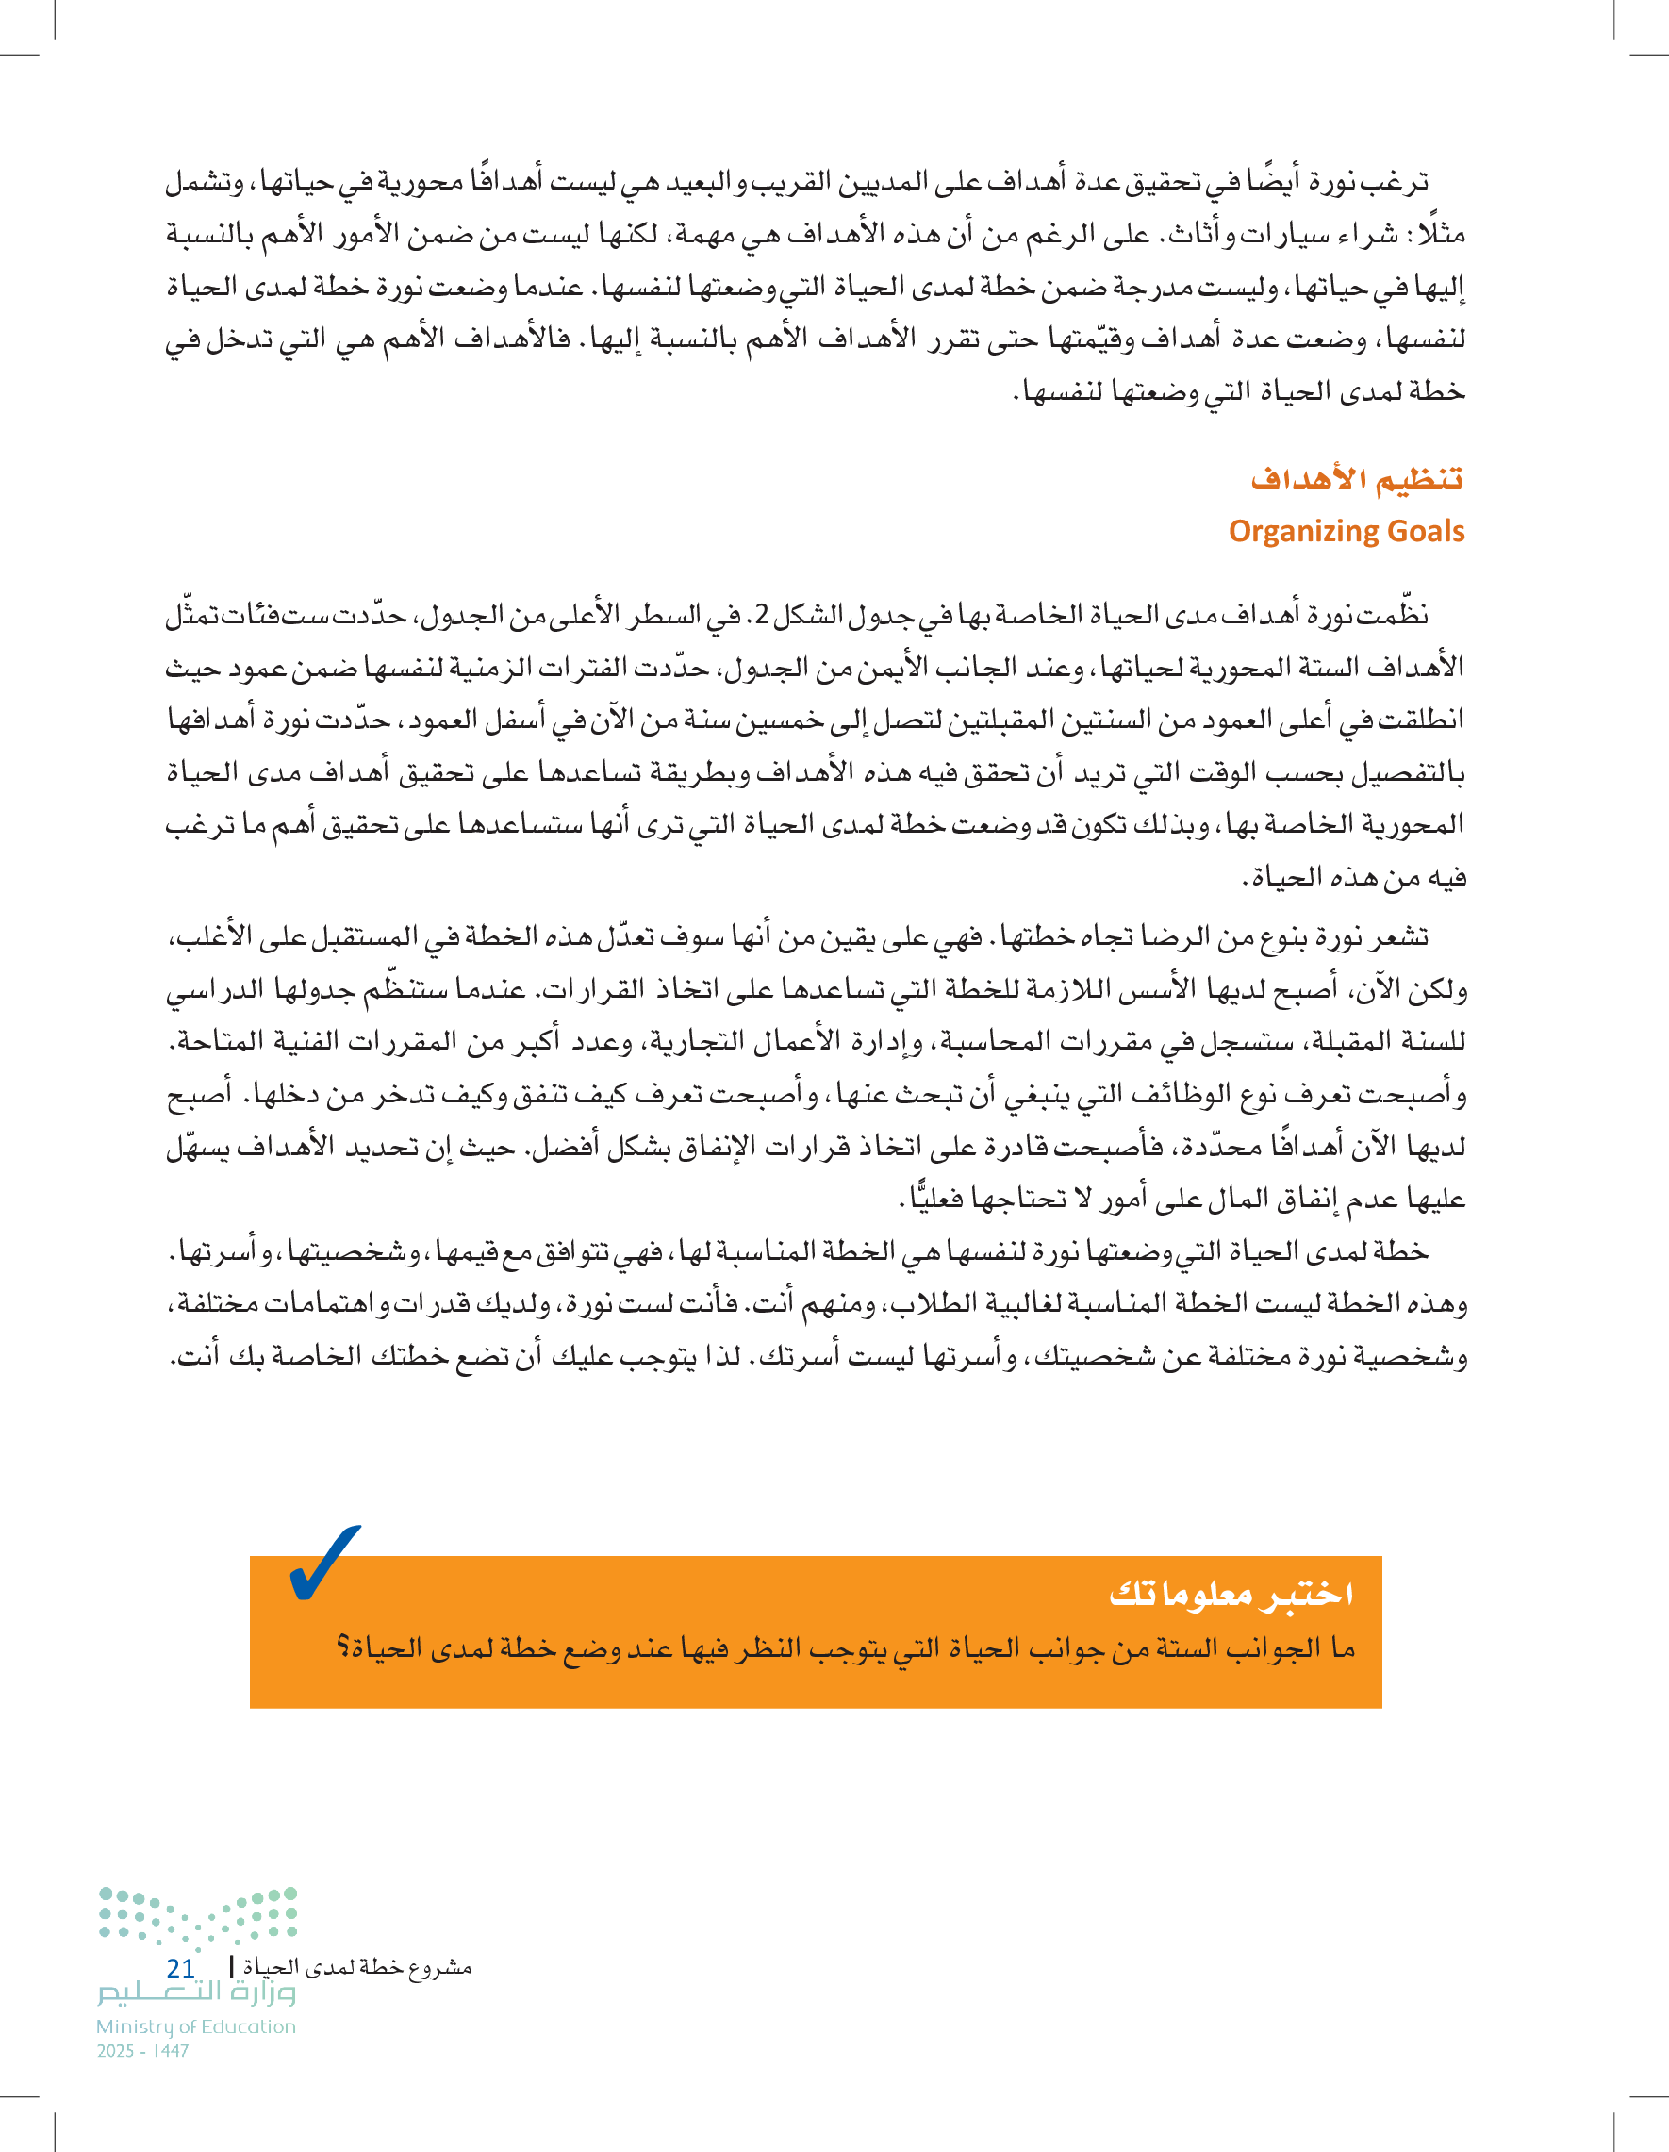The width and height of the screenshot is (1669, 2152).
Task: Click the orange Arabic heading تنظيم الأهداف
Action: coord(1356,480)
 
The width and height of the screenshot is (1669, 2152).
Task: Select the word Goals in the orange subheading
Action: coord(1425,532)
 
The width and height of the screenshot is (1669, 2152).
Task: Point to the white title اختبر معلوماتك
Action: coord(1231,1594)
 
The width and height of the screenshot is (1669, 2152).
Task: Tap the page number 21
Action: coord(180,1968)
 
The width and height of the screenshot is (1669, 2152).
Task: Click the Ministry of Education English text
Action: coord(195,2027)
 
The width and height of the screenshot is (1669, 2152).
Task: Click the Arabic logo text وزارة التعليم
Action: coord(195,1995)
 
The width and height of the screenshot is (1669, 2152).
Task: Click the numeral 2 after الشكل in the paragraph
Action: coord(763,616)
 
